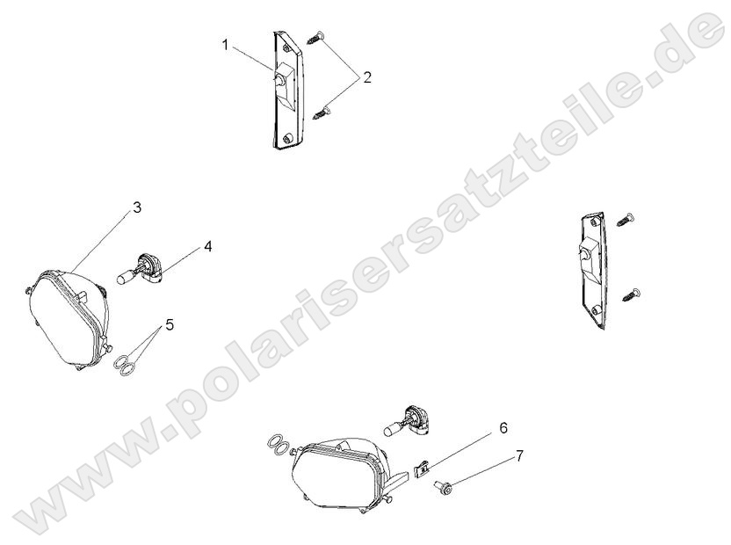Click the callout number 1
[226, 46]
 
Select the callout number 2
[367, 77]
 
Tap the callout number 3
[136, 207]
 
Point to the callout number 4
[208, 247]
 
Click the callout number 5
[170, 324]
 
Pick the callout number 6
[503, 427]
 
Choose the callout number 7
[519, 455]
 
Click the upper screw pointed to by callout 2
[316, 37]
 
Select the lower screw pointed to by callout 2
[322, 112]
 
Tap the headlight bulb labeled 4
[139, 270]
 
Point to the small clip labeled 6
[422, 469]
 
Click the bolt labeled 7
[443, 487]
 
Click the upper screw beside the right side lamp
[626, 218]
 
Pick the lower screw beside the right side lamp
[631, 294]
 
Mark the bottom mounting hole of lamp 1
[287, 138]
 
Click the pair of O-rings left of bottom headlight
[278, 445]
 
